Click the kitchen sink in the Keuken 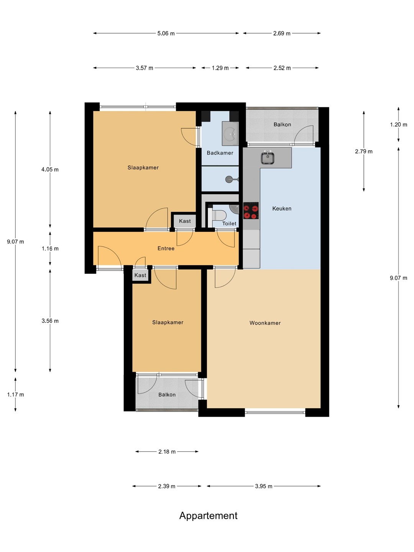pyautogui.click(x=268, y=158)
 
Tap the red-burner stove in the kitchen pyautogui.click(x=251, y=210)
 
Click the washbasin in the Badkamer pyautogui.click(x=230, y=134)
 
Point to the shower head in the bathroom pyautogui.click(x=229, y=179)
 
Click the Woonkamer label pyautogui.click(x=265, y=323)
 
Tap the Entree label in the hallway pyautogui.click(x=166, y=248)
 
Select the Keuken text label pyautogui.click(x=282, y=209)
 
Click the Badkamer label pyautogui.click(x=220, y=153)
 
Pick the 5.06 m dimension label pyautogui.click(x=166, y=33)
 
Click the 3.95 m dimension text pyautogui.click(x=264, y=486)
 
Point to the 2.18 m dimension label pyautogui.click(x=167, y=452)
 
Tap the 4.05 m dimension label pyautogui.click(x=50, y=169)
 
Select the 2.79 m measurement pyautogui.click(x=364, y=151)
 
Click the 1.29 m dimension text pyautogui.click(x=220, y=68)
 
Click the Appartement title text pyautogui.click(x=208, y=516)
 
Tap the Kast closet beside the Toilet pyautogui.click(x=185, y=221)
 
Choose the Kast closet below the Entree pyautogui.click(x=140, y=275)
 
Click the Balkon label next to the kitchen pyautogui.click(x=282, y=125)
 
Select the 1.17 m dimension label pyautogui.click(x=16, y=394)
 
